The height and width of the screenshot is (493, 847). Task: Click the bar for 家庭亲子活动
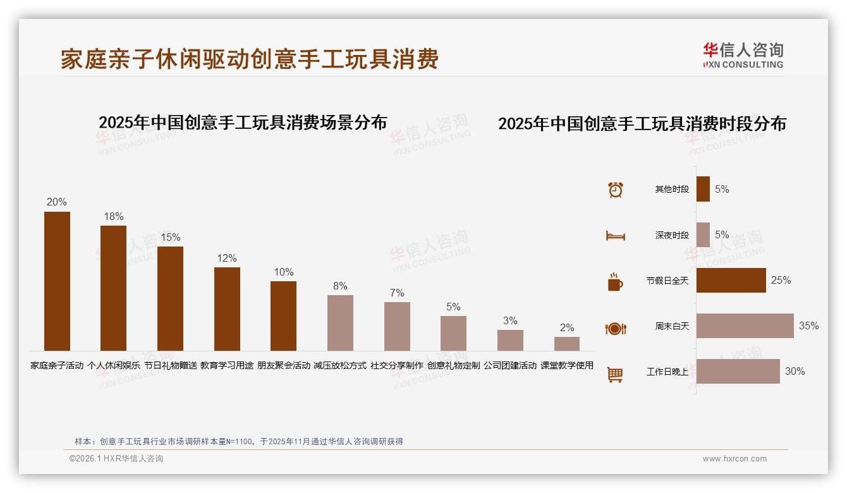click(57, 281)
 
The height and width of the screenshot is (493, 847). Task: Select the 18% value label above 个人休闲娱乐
click(114, 217)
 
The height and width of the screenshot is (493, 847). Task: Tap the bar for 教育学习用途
click(227, 309)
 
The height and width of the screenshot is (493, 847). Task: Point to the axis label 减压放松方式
click(340, 365)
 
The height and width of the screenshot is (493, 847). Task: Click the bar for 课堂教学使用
click(567, 344)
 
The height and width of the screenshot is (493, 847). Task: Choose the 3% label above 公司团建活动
click(510, 320)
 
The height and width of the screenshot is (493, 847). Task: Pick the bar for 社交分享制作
click(397, 326)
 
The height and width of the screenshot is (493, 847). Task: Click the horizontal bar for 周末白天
click(745, 326)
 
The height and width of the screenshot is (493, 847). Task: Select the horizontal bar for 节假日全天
click(731, 281)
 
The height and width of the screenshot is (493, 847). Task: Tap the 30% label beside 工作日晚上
click(795, 372)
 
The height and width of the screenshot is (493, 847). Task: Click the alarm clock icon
click(616, 190)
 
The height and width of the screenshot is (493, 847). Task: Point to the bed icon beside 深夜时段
click(616, 236)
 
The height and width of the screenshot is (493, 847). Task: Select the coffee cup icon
click(615, 282)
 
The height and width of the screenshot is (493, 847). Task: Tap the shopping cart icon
click(615, 374)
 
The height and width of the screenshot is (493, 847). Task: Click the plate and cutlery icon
click(616, 328)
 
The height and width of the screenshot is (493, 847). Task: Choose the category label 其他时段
click(672, 190)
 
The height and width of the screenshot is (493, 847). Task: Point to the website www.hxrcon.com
click(734, 459)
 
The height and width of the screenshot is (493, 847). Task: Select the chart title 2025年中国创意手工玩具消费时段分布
click(642, 124)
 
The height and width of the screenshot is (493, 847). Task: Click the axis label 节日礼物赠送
click(170, 365)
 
